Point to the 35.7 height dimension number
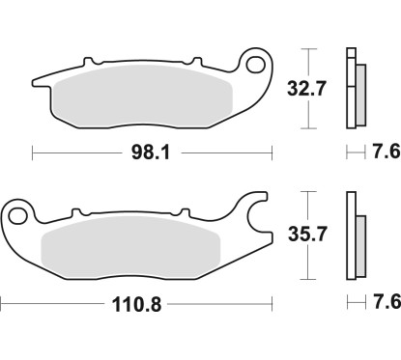[x=306, y=234]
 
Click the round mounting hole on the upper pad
[x=258, y=67]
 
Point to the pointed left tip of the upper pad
[x=36, y=81]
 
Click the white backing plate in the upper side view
[x=350, y=87]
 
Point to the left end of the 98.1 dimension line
[x=33, y=152]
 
